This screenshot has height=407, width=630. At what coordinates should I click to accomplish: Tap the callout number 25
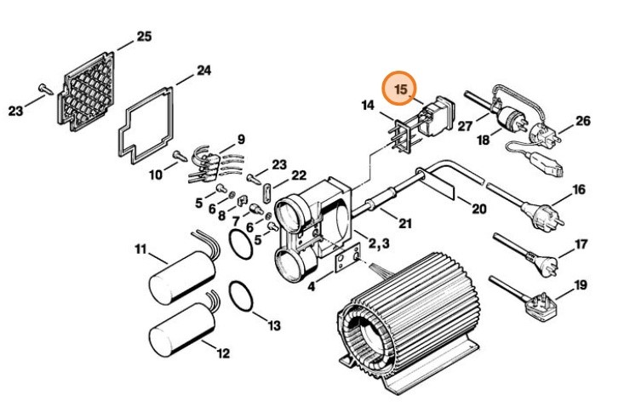tap(144, 37)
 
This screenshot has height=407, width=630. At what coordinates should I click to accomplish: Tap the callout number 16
tap(578, 189)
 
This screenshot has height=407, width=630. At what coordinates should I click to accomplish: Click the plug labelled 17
tap(545, 258)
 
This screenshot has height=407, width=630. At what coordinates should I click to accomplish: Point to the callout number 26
tap(581, 121)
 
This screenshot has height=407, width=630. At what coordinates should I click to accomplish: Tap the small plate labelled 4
tap(346, 261)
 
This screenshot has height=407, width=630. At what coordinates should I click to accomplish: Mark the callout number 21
tap(405, 223)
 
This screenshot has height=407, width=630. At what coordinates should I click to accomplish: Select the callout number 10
tap(155, 175)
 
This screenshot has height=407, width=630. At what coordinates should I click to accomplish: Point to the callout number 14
tap(368, 106)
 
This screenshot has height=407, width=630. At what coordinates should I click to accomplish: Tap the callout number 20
tap(478, 209)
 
